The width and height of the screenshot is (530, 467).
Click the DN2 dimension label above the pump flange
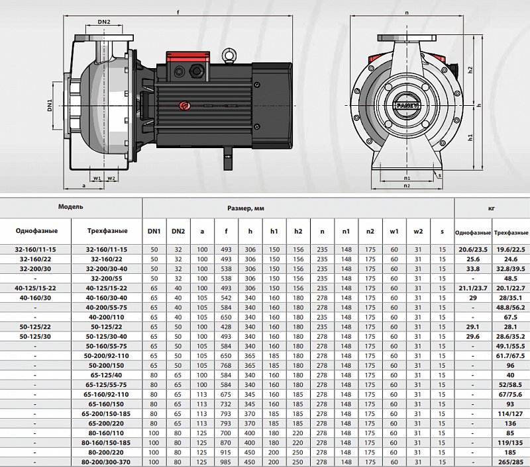(x=104, y=22)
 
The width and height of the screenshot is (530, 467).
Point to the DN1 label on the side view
(x=50, y=105)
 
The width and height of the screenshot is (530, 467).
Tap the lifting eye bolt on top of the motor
(x=229, y=56)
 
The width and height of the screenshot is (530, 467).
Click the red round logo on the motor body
(x=185, y=106)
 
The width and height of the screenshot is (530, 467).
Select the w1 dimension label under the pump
(x=97, y=178)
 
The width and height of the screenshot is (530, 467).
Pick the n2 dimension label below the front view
(x=407, y=186)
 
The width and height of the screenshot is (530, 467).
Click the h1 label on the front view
(x=470, y=138)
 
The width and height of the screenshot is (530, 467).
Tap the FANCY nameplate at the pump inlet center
(x=407, y=106)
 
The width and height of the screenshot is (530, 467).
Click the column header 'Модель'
(x=71, y=207)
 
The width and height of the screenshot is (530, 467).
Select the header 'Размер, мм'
(x=246, y=208)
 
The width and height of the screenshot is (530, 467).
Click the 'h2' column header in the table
(x=298, y=231)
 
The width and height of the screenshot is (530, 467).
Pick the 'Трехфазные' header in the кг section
(x=511, y=232)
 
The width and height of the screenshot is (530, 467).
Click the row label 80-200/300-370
(x=106, y=462)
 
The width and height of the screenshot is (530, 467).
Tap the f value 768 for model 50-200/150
(x=226, y=365)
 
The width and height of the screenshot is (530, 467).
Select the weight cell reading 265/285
(x=510, y=462)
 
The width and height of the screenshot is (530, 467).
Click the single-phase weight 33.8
(x=473, y=269)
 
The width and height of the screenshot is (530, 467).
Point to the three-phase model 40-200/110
(x=107, y=318)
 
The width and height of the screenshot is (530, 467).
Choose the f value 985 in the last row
(x=226, y=462)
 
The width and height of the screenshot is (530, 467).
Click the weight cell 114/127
(x=510, y=413)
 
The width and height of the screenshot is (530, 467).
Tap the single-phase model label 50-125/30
(x=35, y=337)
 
